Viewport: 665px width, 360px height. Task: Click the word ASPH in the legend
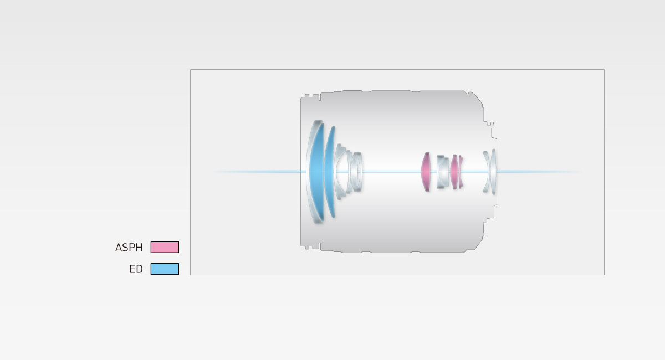[129, 248]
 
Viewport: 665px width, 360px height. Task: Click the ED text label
[136, 269]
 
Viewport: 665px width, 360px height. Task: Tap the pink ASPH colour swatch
[165, 247]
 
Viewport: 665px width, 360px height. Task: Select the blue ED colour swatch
[165, 269]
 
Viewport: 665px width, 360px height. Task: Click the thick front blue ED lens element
[317, 172]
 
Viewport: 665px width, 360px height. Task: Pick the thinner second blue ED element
[329, 172]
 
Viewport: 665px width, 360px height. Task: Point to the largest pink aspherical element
[426, 172]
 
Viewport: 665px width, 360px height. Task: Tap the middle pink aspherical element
[454, 172]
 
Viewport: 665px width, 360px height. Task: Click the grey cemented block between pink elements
[442, 172]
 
